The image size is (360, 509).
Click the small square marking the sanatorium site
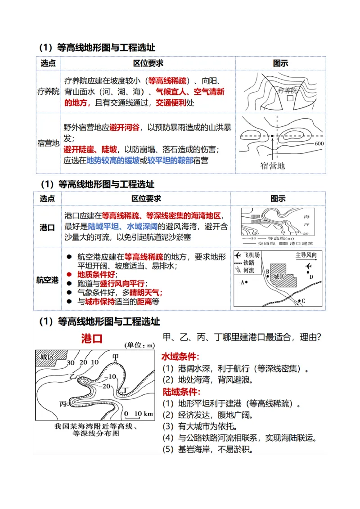[290, 98]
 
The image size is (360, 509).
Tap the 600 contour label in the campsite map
[319, 143]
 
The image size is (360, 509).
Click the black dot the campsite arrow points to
[272, 136]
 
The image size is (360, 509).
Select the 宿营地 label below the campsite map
[273, 165]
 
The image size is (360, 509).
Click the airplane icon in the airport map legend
[238, 255]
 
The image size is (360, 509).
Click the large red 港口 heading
[92, 338]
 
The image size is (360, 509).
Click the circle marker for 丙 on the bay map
[69, 404]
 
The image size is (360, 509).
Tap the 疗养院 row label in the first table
[48, 91]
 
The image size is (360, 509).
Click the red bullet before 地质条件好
[69, 274]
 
